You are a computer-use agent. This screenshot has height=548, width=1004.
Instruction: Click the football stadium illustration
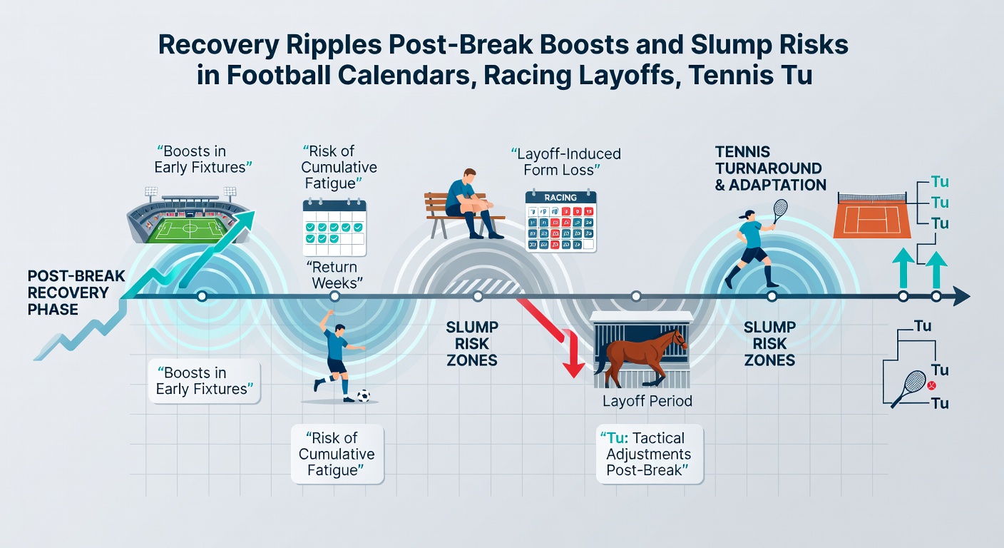point(187,217)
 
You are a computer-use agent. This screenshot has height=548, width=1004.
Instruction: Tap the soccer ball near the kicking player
point(363,395)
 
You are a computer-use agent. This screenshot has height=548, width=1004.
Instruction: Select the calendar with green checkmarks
point(334,228)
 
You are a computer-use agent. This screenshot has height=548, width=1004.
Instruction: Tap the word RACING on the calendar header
point(560,198)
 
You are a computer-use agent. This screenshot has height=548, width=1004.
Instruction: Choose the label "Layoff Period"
point(647,401)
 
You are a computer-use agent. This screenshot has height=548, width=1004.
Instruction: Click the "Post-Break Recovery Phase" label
point(68,293)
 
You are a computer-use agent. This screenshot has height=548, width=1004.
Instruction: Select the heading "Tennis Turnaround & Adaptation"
point(770,169)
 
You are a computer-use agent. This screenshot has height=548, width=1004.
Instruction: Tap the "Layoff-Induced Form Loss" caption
point(566,161)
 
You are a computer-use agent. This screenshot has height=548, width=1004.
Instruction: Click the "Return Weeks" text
point(334,275)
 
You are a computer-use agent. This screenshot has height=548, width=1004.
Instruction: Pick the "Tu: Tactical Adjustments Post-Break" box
point(649,455)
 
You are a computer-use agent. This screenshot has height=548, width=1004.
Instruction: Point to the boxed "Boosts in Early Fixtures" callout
point(205,381)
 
